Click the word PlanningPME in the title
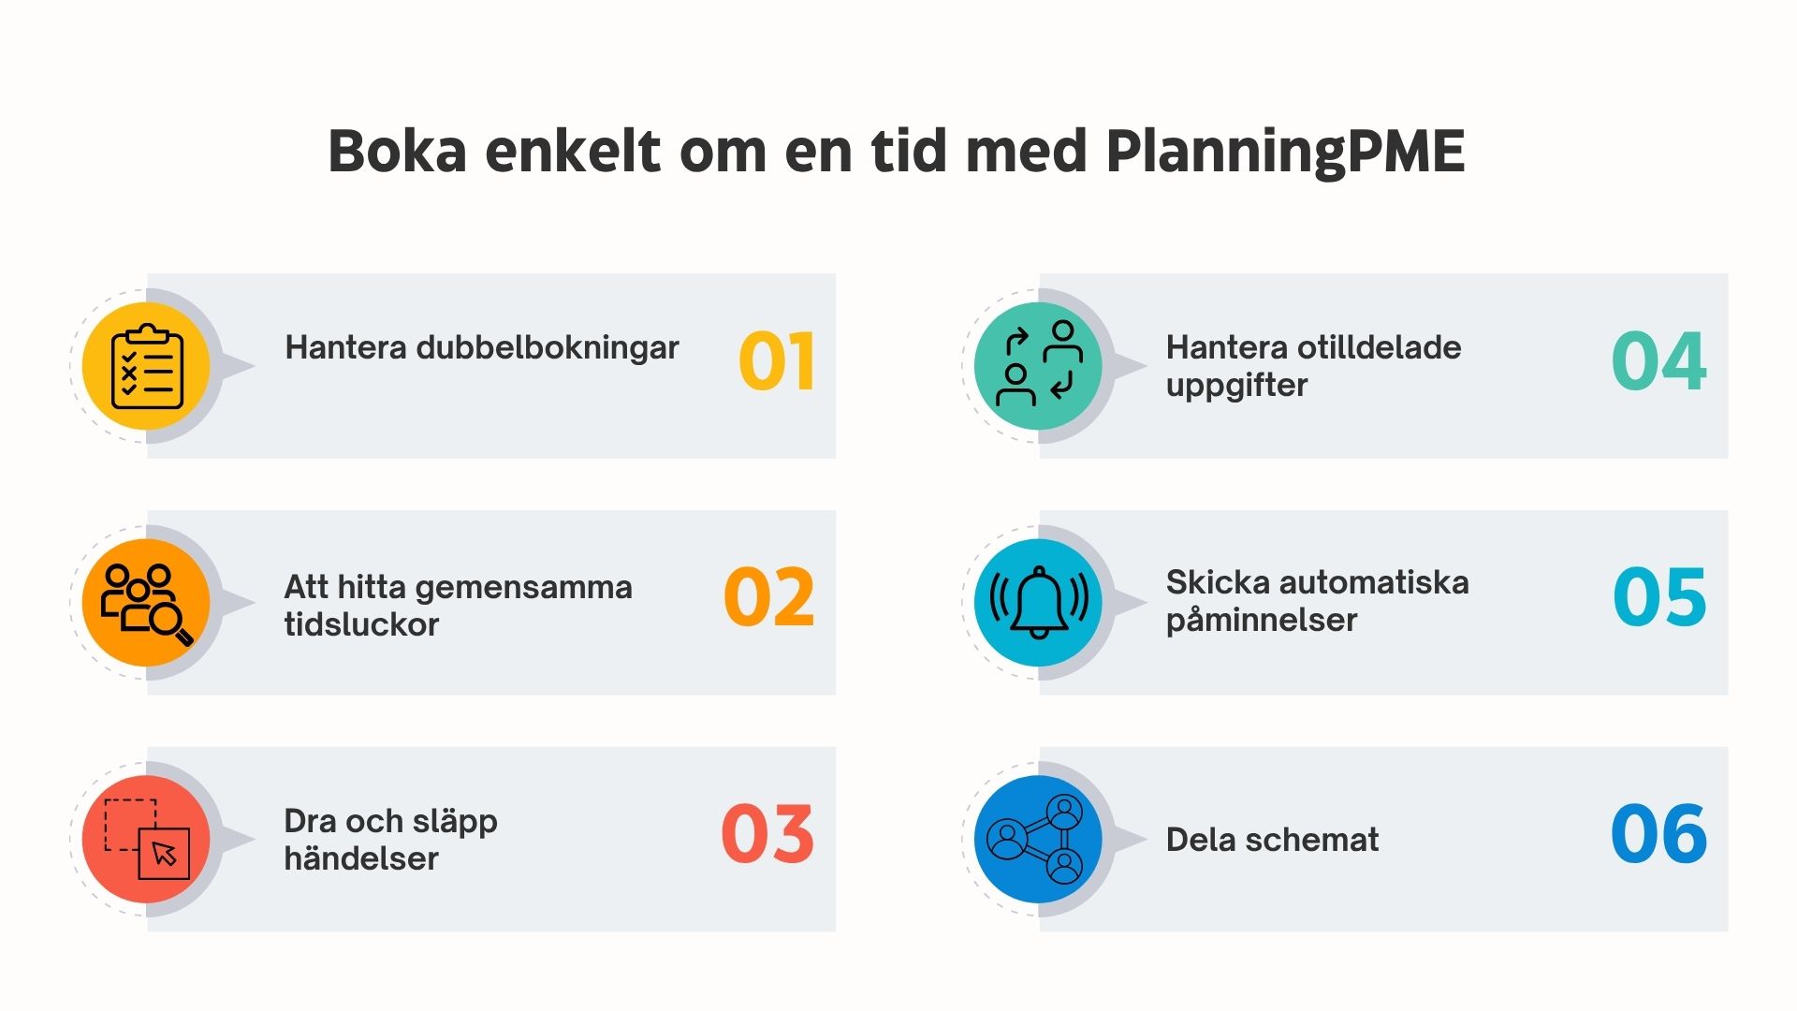point(1284,152)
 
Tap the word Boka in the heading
point(397,152)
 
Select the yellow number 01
point(777,361)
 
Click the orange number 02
point(769,597)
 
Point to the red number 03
point(767,833)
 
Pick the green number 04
point(1658,361)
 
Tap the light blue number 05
point(1659,597)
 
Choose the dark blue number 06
point(1658,833)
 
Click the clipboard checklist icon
point(147,366)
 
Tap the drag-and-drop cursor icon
point(147,839)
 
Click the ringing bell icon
point(1039,603)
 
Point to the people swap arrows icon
point(1039,366)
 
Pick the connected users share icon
point(1039,839)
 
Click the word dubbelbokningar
point(548,347)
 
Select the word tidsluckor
point(361,624)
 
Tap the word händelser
point(361,858)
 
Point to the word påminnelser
point(1261,620)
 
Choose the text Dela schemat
point(1272,840)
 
